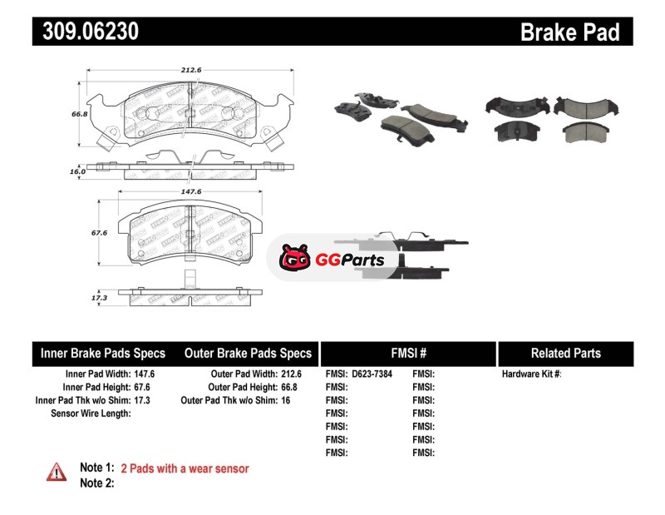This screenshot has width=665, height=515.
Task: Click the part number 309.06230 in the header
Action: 86,32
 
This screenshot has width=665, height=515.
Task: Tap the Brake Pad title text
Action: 570,32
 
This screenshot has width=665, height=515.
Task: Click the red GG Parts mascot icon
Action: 294,260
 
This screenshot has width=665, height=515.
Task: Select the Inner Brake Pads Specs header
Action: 103,354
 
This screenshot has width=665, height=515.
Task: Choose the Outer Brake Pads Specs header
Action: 248,354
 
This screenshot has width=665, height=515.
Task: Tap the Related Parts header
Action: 565,354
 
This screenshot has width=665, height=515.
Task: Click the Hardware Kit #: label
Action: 531,374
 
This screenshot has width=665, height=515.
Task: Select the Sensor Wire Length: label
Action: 91,413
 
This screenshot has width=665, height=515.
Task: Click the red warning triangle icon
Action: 57,472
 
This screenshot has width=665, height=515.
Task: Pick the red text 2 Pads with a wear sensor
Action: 185,468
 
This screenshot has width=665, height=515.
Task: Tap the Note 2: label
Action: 96,483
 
